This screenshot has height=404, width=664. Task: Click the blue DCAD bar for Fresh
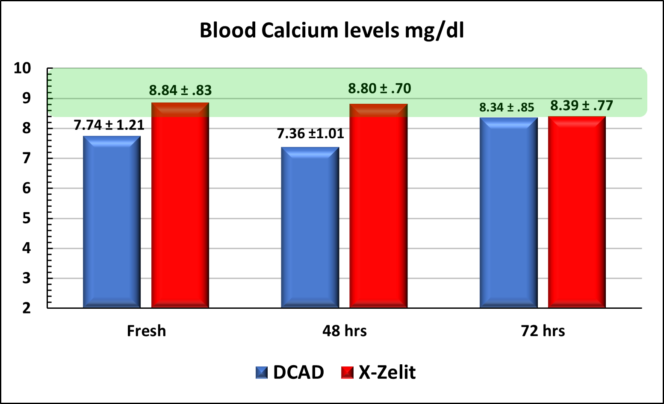[x=112, y=222]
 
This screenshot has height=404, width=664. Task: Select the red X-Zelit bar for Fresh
[x=180, y=205]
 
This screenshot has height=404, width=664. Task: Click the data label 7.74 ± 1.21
[x=109, y=125]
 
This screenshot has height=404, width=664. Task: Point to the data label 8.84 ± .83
[x=180, y=91]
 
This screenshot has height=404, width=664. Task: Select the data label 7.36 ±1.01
[x=310, y=134]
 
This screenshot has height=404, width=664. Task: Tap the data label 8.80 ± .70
[x=379, y=89]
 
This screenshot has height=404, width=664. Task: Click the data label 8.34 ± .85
[x=507, y=107]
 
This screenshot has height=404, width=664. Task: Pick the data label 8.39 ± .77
[x=581, y=105]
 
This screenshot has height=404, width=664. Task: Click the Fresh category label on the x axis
[x=146, y=331]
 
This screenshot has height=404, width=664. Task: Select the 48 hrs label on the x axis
[x=345, y=331]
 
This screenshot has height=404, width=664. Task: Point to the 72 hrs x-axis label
[x=543, y=331]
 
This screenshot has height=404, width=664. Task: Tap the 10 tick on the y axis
[x=22, y=68]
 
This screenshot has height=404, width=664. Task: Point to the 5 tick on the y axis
[x=27, y=219]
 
